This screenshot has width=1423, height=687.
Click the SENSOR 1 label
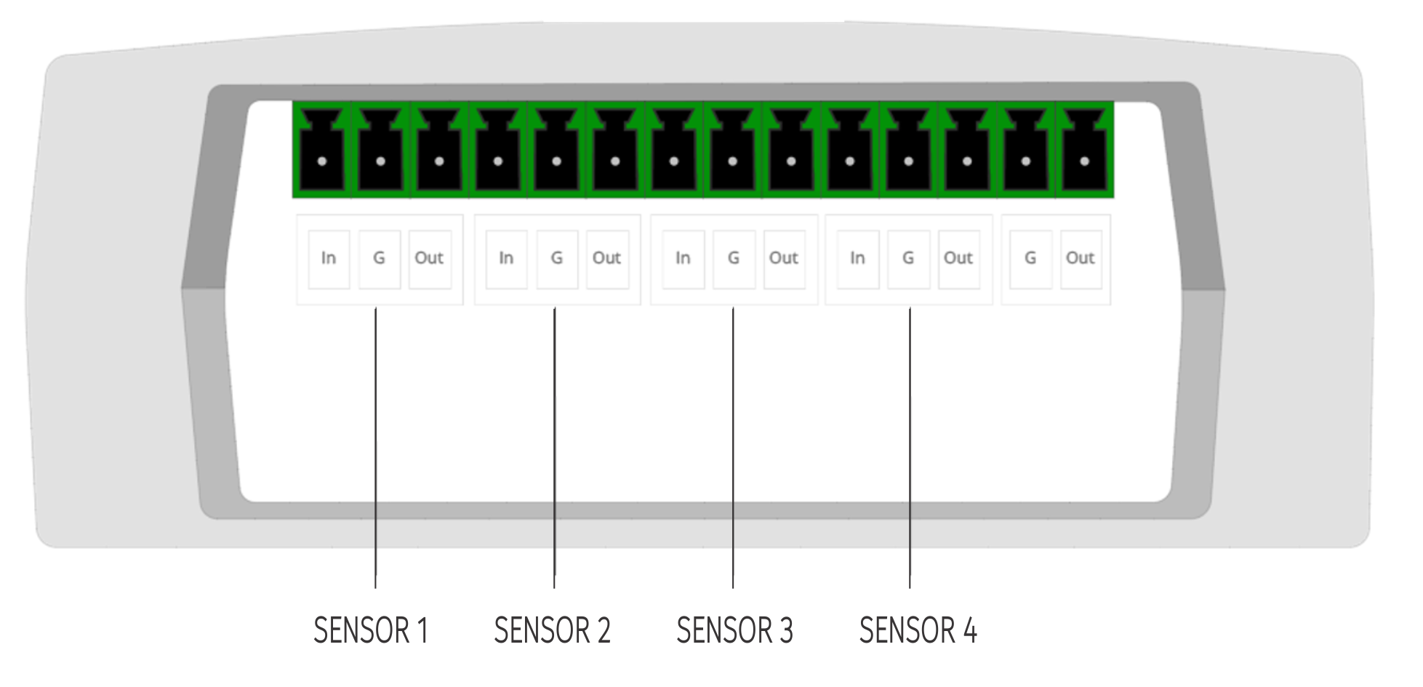click(x=370, y=630)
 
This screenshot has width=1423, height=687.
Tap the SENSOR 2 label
click(x=552, y=630)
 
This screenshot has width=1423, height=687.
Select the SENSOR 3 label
click(x=734, y=630)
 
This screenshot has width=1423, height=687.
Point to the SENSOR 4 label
click(x=918, y=630)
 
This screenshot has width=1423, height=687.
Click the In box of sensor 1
click(x=329, y=259)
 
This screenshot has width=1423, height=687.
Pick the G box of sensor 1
click(x=379, y=259)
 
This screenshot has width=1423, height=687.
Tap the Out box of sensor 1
click(x=429, y=259)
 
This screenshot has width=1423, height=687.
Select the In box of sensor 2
click(x=506, y=259)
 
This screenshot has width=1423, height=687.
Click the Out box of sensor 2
click(x=606, y=259)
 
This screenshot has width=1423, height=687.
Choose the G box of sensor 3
click(x=734, y=259)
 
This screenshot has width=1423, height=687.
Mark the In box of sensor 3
click(x=683, y=259)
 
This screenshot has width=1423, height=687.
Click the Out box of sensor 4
click(x=958, y=259)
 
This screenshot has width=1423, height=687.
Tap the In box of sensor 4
click(x=858, y=259)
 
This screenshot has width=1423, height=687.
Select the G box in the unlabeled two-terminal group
click(x=1030, y=259)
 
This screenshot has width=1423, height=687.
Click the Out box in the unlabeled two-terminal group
click(x=1081, y=259)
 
